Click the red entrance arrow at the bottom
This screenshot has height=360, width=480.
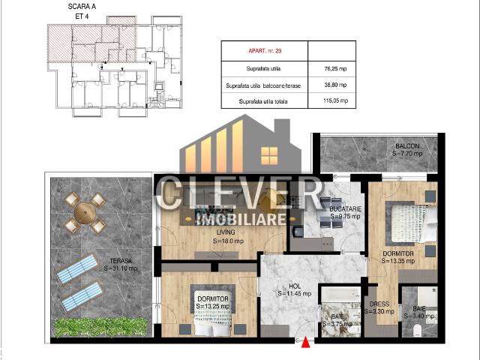pyautogui.click(x=305, y=343)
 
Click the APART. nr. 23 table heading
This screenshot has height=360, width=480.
pyautogui.click(x=265, y=52)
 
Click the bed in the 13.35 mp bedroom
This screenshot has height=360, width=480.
pyautogui.click(x=410, y=223)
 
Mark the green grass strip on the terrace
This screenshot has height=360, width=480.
pyautogui.click(x=100, y=325)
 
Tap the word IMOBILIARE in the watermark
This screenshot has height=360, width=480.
pyautogui.click(x=240, y=219)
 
